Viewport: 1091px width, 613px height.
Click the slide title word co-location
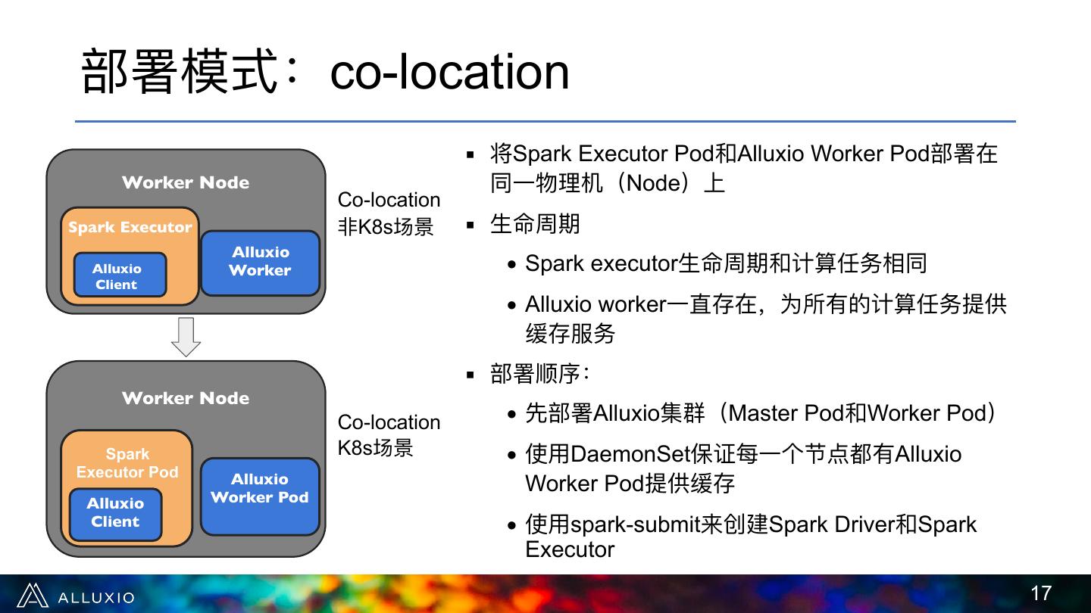pos(449,72)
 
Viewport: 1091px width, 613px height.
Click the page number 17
pos(1041,593)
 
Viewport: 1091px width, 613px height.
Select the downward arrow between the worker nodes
pos(186,337)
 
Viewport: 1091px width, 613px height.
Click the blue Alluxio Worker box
pos(261,263)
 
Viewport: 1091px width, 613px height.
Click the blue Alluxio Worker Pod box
pos(260,496)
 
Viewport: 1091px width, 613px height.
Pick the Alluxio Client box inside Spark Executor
pos(120,275)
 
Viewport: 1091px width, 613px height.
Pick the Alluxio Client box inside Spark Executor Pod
pos(115,515)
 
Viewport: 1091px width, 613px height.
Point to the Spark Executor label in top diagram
pos(130,227)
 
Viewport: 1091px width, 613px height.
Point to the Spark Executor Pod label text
pos(127,462)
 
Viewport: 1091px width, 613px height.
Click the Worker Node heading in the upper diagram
pos(186,182)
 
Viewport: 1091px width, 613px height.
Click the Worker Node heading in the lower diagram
pos(186,398)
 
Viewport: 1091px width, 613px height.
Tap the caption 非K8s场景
pos(385,227)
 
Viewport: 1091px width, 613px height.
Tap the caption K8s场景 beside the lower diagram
pos(375,447)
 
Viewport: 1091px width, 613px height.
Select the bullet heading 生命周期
pos(535,224)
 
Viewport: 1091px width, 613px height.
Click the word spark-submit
pos(635,524)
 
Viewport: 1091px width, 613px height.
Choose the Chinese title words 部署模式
pos(180,71)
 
